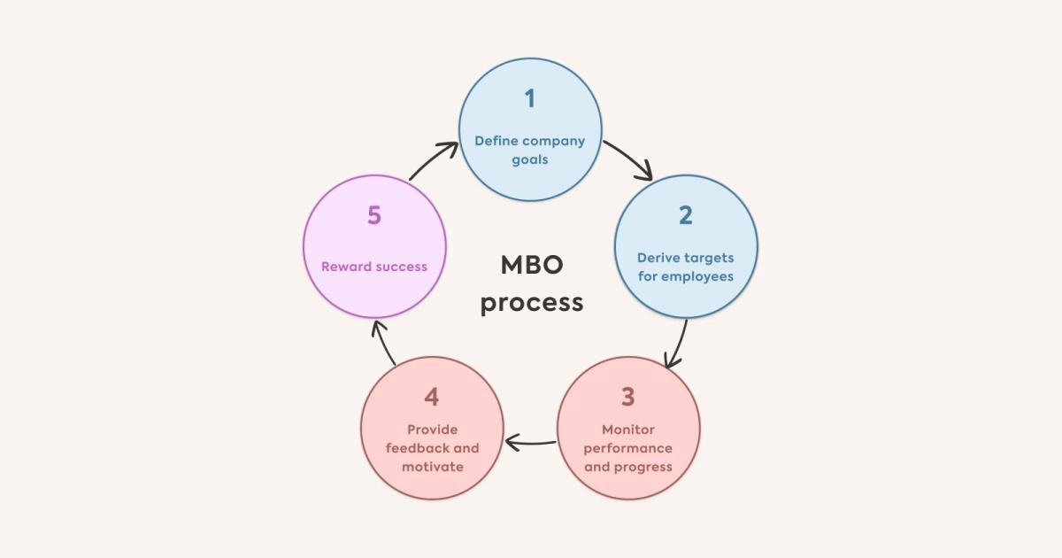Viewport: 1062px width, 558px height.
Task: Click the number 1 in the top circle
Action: [x=530, y=98]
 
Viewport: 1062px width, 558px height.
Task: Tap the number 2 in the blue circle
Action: [x=686, y=215]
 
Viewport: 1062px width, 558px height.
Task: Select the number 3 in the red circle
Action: [x=627, y=397]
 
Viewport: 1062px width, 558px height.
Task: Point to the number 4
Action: [x=432, y=397]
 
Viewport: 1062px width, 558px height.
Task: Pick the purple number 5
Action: [x=374, y=215]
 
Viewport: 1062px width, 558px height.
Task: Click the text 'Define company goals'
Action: [x=530, y=150]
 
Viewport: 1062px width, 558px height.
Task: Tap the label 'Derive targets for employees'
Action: [x=686, y=267]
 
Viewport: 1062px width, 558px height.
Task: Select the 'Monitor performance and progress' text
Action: [x=627, y=448]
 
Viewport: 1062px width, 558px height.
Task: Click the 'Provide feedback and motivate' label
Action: [x=432, y=448]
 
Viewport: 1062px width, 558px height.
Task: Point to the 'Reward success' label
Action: [x=374, y=267]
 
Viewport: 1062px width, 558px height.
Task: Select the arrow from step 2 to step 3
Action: [x=679, y=344]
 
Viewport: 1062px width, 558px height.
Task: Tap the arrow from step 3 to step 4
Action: [x=530, y=440]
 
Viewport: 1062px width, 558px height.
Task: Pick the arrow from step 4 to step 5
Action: [x=383, y=342]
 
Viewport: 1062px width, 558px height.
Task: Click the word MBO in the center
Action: [x=532, y=265]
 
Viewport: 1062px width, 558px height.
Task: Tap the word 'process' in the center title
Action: [x=532, y=302]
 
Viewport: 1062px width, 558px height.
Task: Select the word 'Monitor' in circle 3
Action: [x=627, y=430]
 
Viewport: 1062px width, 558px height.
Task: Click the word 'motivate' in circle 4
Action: [x=432, y=467]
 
